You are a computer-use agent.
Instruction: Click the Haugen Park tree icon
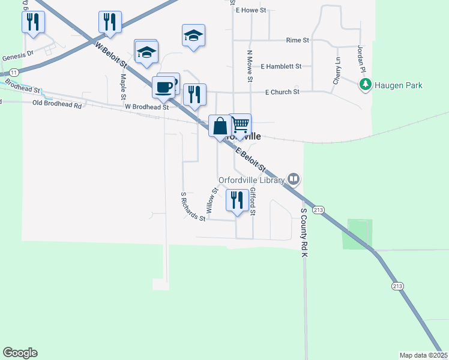tap(364, 85)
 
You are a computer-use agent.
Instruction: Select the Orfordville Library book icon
tap(294, 178)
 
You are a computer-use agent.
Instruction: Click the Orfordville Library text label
tap(251, 178)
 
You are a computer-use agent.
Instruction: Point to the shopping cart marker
tap(240, 124)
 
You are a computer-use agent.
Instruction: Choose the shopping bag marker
tap(220, 126)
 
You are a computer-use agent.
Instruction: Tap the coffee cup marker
tap(164, 88)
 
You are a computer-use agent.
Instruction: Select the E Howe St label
tap(255, 10)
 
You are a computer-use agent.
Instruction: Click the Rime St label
tap(297, 40)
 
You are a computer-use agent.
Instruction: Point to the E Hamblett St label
tap(281, 66)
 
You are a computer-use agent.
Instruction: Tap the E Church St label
tap(282, 92)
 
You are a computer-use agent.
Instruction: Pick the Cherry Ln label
tap(337, 71)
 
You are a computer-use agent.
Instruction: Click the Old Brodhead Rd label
tap(57, 105)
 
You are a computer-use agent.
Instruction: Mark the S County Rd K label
tap(304, 233)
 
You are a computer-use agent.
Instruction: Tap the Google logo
tap(20, 353)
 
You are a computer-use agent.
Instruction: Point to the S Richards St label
tap(193, 207)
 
